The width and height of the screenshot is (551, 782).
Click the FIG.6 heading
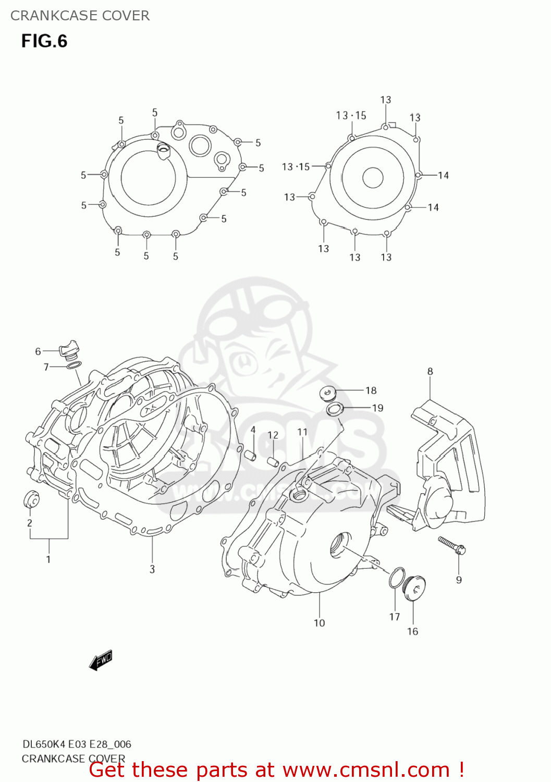(x=44, y=41)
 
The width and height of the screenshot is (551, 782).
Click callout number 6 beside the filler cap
(x=38, y=352)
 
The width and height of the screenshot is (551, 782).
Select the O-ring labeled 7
(x=74, y=365)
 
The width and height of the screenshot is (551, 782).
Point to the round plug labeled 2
(x=31, y=499)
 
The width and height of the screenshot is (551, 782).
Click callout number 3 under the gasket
(x=152, y=569)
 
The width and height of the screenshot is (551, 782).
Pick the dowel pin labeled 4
(x=251, y=455)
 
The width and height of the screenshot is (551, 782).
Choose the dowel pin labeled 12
(x=272, y=461)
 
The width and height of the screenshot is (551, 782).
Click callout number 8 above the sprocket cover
(x=430, y=372)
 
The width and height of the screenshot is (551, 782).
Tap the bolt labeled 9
(x=452, y=545)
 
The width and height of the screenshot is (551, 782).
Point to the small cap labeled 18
(x=327, y=393)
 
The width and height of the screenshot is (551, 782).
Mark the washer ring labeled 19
(x=335, y=409)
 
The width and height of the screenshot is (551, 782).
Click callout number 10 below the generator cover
(x=319, y=623)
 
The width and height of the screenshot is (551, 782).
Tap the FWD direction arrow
(x=101, y=660)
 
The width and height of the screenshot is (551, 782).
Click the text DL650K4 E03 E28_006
(x=77, y=744)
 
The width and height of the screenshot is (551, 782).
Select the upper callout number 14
(x=443, y=176)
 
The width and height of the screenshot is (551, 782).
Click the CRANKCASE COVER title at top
(x=80, y=16)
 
